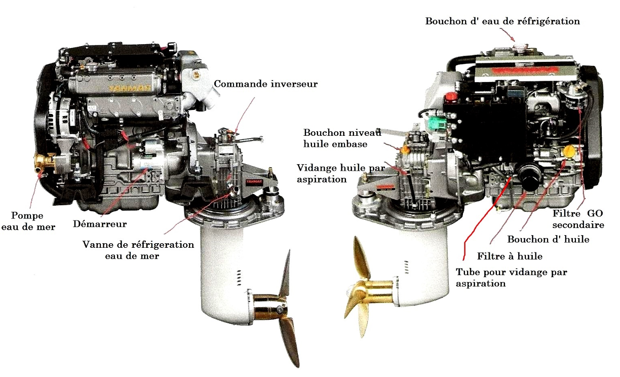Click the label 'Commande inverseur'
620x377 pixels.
[266, 84]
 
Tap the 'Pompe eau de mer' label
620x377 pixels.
[28, 221]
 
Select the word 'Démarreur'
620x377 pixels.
[100, 223]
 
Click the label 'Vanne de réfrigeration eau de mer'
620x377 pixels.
[138, 250]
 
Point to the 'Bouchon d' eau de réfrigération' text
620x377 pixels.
[502, 21]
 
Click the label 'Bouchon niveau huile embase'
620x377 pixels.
[342, 138]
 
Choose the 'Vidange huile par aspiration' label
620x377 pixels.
[341, 174]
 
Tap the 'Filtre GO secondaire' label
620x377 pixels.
[578, 219]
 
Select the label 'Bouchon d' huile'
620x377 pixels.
[548, 240]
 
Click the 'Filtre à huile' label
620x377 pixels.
[510, 256]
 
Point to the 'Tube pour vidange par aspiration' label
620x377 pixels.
[512, 278]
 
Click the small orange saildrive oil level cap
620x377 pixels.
[405, 149]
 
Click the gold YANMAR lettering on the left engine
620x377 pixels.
[130, 88]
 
